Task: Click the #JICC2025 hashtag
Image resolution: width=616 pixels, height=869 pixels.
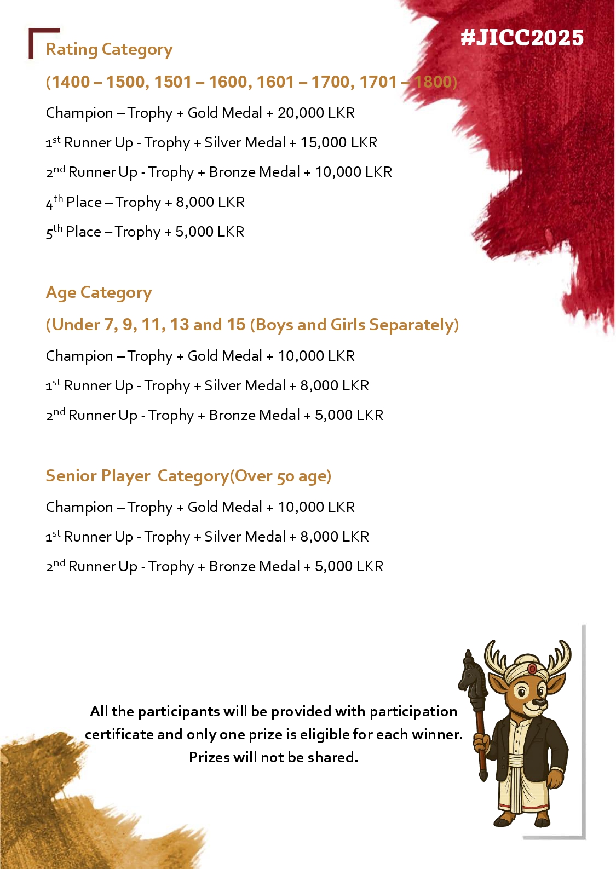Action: coord(522,38)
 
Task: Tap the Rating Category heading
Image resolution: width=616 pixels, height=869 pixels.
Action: coord(109,50)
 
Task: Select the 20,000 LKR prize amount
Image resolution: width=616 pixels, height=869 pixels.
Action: coord(316,113)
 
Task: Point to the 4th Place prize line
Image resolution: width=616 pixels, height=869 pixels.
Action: coord(145,202)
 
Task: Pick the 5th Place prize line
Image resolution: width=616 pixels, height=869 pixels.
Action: coord(145,232)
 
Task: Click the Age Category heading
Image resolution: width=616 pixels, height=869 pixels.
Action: coord(99,293)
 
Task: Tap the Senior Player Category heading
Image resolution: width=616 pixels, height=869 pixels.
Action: coord(188,476)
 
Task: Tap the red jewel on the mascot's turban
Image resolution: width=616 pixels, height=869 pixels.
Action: coord(532,669)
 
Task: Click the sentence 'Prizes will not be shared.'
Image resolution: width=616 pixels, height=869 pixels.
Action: coord(273,757)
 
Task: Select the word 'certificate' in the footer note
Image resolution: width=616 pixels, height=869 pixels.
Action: coord(119,734)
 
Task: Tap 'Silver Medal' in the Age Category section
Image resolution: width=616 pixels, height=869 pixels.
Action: coord(245,385)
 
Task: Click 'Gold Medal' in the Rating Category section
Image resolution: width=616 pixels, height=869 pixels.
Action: coord(224,113)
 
